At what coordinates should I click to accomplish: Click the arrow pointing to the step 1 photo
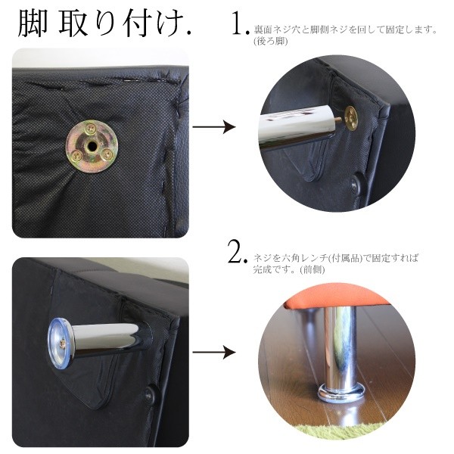pyautogui.click(x=213, y=126)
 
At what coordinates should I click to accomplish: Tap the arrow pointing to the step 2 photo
pyautogui.click(x=213, y=352)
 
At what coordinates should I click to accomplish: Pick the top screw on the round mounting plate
pyautogui.click(x=92, y=128)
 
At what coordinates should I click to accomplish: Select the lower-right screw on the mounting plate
pyautogui.click(x=107, y=152)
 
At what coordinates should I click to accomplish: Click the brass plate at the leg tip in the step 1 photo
pyautogui.click(x=350, y=115)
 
